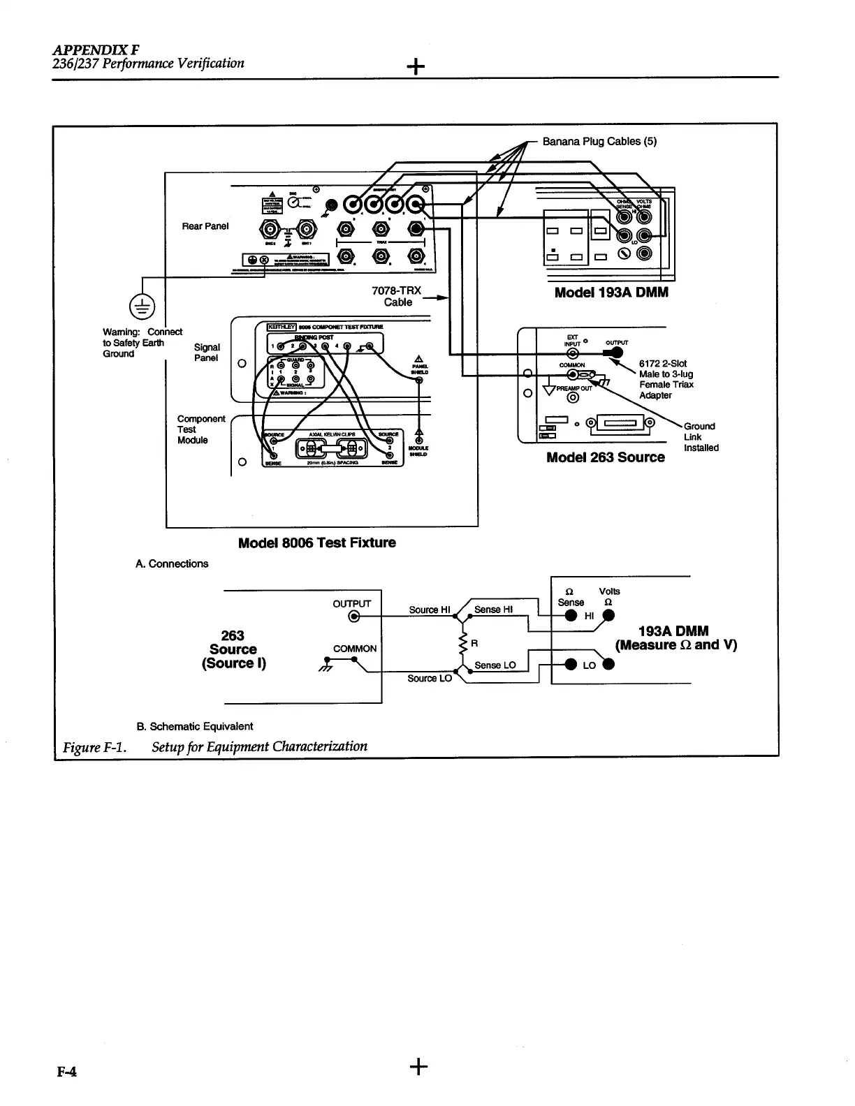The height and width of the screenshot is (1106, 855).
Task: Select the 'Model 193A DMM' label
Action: (x=611, y=293)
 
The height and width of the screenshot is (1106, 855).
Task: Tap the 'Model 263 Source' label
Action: (x=605, y=457)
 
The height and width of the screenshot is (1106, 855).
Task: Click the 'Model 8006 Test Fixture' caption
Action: (x=316, y=543)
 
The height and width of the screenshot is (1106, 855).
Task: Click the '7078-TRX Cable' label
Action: (x=398, y=296)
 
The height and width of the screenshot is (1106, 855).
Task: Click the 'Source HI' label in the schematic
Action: (x=428, y=610)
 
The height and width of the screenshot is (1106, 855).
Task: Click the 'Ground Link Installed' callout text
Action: (x=701, y=437)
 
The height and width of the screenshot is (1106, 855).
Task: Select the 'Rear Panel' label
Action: (x=205, y=226)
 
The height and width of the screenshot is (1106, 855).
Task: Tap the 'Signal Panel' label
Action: (x=206, y=353)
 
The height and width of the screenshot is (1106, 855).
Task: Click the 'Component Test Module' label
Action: (x=201, y=429)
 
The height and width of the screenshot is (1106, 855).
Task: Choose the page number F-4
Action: (x=66, y=1072)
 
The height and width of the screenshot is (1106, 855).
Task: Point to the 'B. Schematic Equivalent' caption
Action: (x=195, y=726)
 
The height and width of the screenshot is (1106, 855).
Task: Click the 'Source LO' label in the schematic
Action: (x=430, y=678)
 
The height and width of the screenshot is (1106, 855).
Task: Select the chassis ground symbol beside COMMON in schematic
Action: (x=323, y=665)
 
